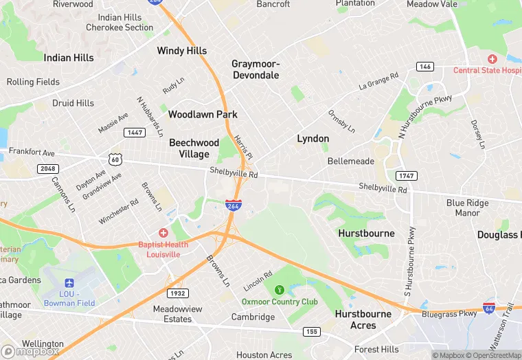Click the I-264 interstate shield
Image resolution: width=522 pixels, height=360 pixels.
click(x=232, y=205)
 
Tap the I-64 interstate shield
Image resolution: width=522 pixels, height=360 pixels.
click(x=490, y=308)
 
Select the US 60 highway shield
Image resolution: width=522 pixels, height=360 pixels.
click(x=115, y=159)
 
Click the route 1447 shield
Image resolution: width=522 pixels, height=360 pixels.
click(x=134, y=132)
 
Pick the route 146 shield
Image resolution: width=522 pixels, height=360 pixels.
click(x=424, y=66)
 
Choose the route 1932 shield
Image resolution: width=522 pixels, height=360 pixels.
click(x=177, y=293)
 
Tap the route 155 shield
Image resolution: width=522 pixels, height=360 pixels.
click(x=311, y=332)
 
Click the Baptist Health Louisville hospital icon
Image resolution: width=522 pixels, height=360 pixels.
click(x=163, y=233)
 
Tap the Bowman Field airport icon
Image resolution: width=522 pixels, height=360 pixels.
click(x=68, y=283)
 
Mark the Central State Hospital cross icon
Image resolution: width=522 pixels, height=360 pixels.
click(x=491, y=59)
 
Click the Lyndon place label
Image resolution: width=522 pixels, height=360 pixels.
click(x=313, y=139)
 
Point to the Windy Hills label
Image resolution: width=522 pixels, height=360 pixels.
click(x=181, y=51)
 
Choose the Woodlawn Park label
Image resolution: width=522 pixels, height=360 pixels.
click(x=203, y=114)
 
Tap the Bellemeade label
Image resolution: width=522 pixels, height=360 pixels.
click(x=351, y=161)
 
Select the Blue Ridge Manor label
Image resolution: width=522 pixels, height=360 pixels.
click(x=468, y=207)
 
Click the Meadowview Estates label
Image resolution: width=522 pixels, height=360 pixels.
click(x=177, y=314)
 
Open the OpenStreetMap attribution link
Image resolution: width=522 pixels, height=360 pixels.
click(x=494, y=355)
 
